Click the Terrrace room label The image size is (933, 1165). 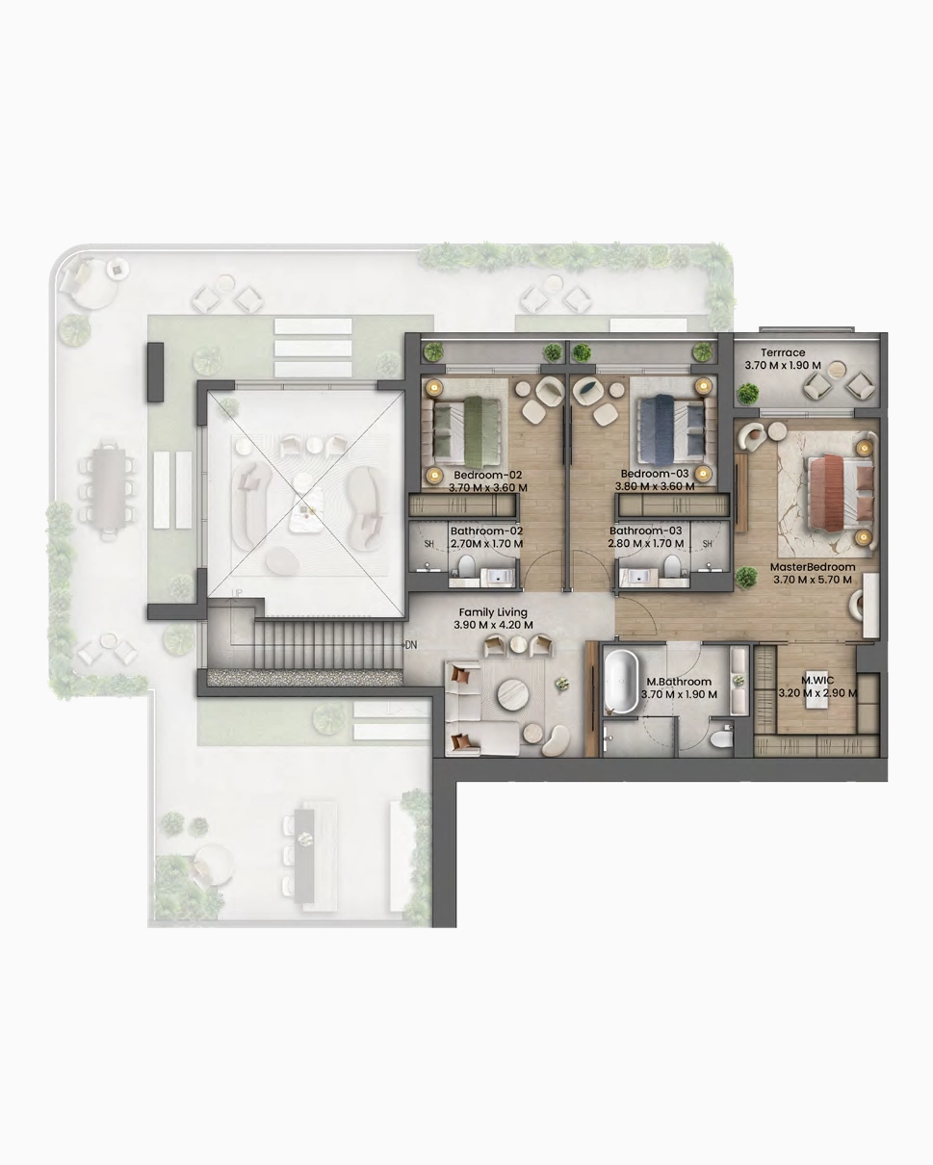tap(783, 352)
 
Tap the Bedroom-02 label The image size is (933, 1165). tap(488, 475)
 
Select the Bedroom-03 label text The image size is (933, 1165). tap(655, 474)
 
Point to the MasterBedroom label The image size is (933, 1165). tap(813, 567)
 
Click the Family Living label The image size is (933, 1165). tap(493, 612)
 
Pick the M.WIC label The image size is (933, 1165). tap(817, 680)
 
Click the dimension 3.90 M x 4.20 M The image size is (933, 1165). tap(493, 625)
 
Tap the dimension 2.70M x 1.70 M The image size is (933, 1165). tap(487, 543)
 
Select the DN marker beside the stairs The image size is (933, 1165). tap(411, 645)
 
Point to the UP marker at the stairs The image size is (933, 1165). tap(237, 593)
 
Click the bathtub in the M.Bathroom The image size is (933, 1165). tap(621, 680)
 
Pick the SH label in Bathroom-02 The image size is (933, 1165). tap(428, 544)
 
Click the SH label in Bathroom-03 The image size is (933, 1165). tap(707, 544)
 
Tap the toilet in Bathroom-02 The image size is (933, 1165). tap(466, 567)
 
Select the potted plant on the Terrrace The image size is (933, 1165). tap(747, 393)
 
